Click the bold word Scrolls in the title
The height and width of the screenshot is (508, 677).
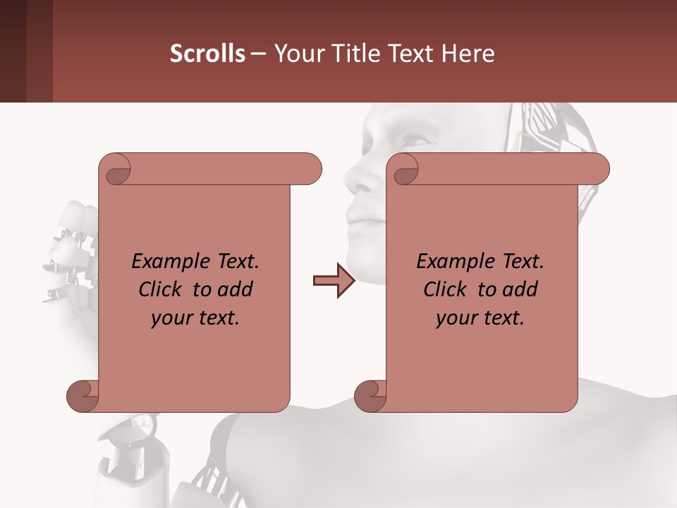coord(207,54)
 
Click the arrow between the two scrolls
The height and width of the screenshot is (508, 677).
coord(334,281)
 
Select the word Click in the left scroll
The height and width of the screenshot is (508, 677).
coord(162,290)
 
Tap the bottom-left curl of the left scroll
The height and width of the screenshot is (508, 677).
coord(83,396)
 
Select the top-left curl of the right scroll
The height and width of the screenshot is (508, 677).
coord(404,171)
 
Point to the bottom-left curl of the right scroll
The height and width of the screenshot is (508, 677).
coord(370,396)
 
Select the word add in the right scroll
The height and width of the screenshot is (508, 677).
coord(520,290)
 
